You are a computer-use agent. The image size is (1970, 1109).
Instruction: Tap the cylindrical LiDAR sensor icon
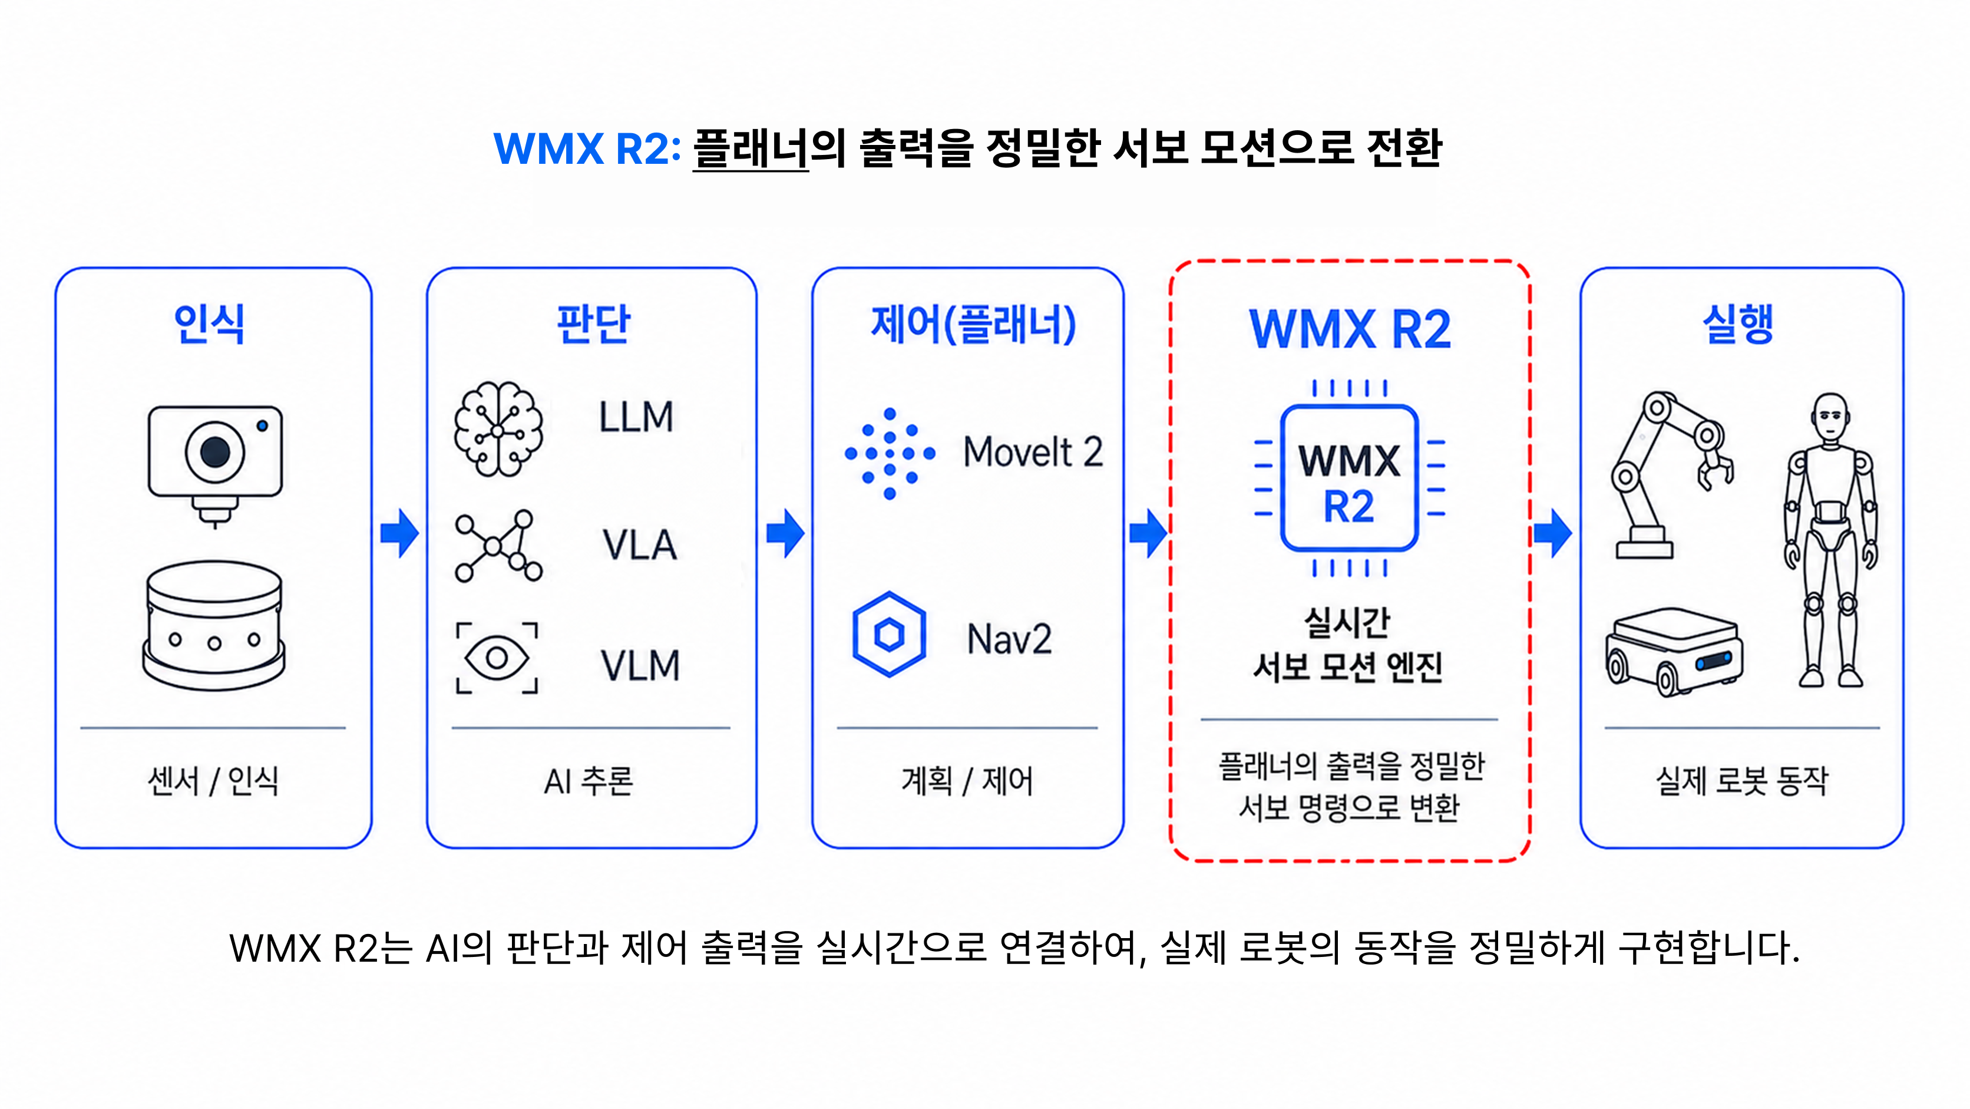coord(214,626)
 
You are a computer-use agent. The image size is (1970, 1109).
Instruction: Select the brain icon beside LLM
coord(498,428)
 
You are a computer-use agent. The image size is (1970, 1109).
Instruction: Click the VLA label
coord(639,544)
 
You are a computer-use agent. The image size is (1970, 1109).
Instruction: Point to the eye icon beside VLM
coord(497,658)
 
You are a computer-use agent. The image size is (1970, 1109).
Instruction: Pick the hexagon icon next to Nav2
coord(890,634)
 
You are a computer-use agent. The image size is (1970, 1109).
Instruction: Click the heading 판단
coord(593,324)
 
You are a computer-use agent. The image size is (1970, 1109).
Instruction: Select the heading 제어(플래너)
coord(974,324)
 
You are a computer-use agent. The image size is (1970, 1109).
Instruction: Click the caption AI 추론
coord(589,781)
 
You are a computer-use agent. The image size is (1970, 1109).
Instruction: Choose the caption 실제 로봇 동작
coord(1742,781)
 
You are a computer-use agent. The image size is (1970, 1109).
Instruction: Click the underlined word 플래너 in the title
coord(751,148)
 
